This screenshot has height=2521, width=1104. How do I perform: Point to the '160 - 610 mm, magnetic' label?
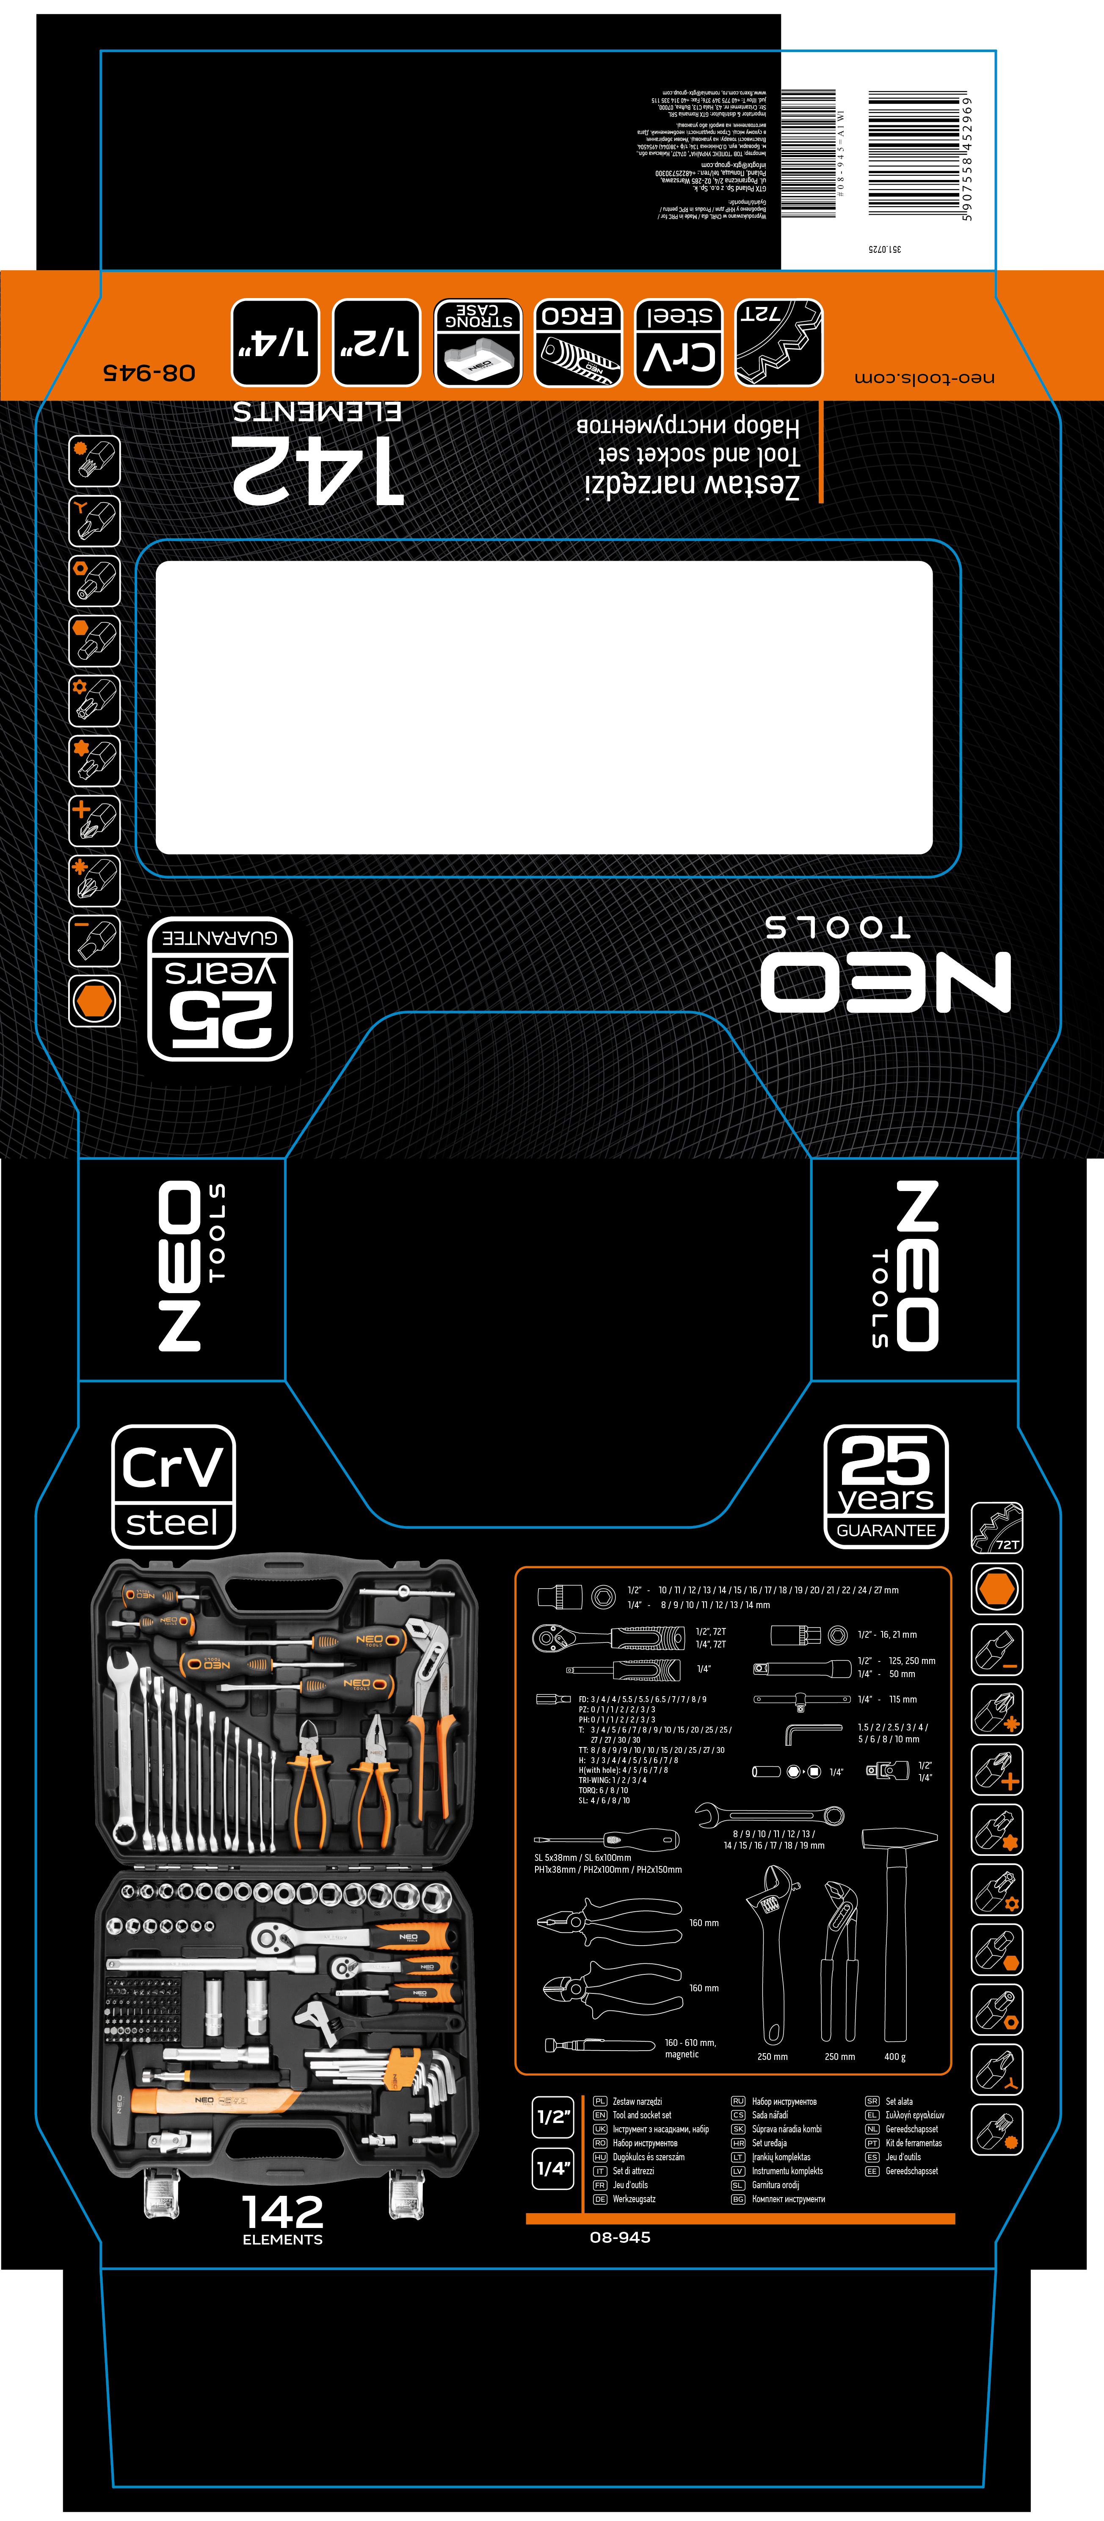tap(690, 2048)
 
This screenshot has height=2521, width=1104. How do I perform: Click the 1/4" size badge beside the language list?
tap(553, 2168)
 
